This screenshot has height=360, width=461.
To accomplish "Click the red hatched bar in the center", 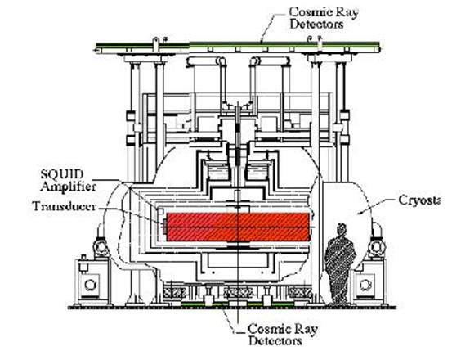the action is click(238, 227).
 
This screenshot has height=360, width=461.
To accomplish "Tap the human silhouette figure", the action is click(340, 264).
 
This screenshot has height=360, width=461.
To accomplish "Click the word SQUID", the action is click(62, 174).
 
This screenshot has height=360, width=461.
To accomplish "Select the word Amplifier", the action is click(68, 187).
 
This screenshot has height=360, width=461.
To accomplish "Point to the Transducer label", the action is click(64, 206).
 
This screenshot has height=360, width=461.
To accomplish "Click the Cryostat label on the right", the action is click(419, 200).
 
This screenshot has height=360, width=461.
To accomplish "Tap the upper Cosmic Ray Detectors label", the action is click(324, 18).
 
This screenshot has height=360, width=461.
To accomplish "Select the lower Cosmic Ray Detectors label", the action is click(282, 335).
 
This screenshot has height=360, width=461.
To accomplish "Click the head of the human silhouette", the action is click(341, 229).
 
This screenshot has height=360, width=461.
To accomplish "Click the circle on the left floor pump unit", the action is click(89, 285).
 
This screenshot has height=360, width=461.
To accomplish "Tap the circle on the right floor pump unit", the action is click(365, 285).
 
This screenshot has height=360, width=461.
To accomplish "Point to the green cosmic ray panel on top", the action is click(238, 45).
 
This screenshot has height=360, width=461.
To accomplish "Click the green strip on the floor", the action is click(238, 304).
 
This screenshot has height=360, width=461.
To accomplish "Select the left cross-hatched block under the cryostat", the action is click(175, 292).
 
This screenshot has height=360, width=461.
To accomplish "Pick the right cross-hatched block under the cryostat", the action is click(300, 292).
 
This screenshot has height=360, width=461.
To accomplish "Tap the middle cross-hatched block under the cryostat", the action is click(238, 292).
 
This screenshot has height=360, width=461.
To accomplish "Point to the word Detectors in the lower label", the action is click(275, 341).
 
